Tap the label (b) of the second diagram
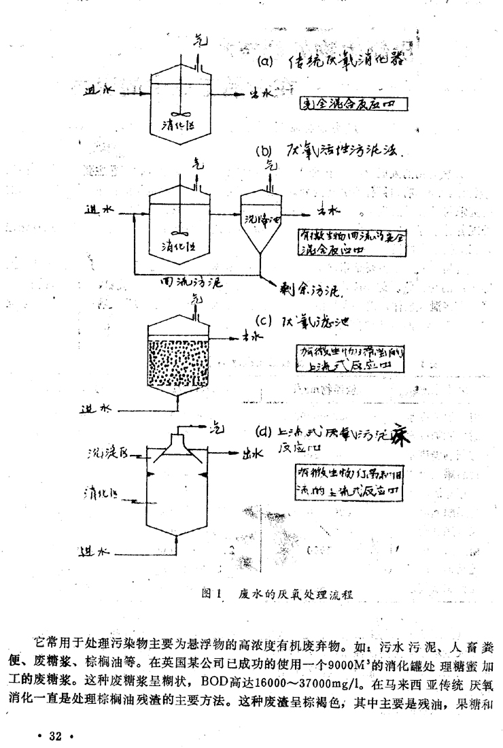tap(264, 151)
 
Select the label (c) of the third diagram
tap(264, 320)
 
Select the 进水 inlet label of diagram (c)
tap(93, 410)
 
